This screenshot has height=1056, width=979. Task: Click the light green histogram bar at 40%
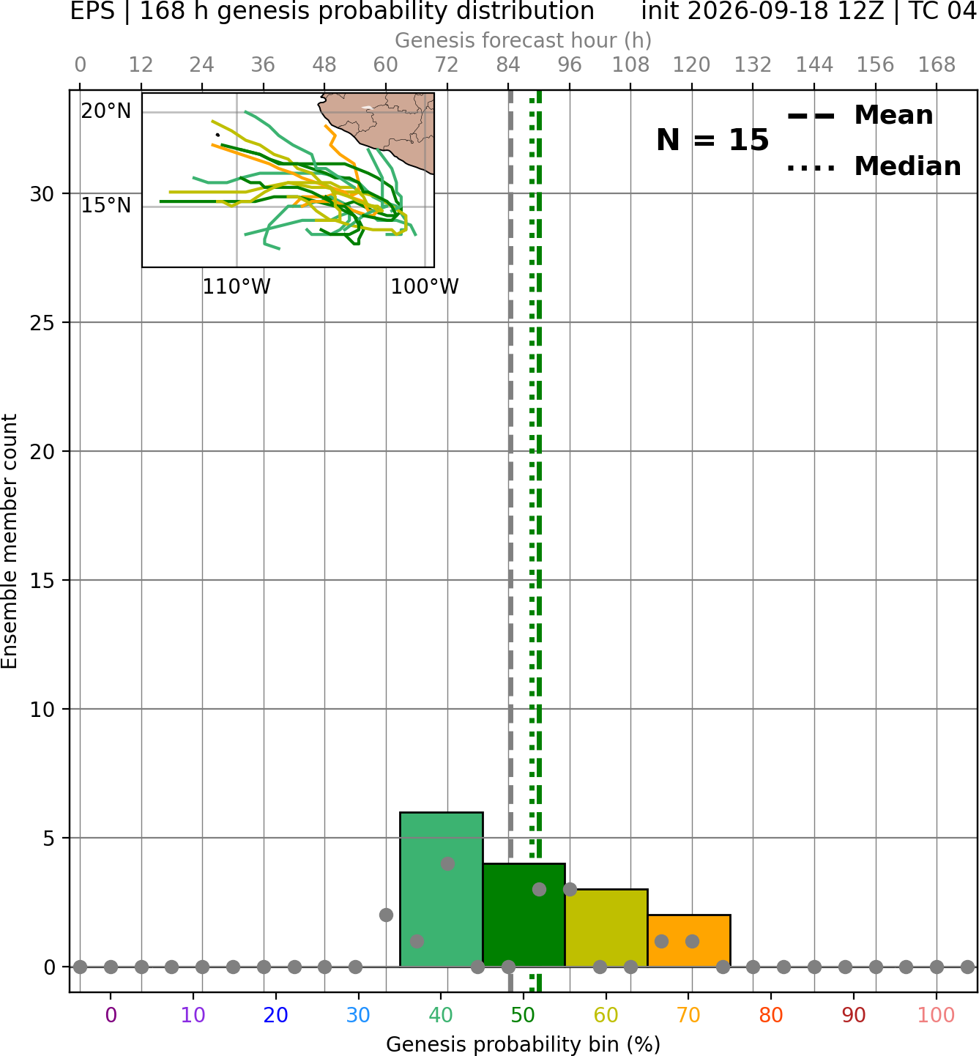coord(442,890)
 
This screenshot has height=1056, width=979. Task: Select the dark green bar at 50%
coord(524,915)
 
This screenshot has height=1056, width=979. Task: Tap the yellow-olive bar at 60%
coord(606,928)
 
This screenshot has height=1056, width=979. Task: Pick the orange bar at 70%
coord(689,940)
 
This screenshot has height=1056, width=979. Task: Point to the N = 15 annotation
coord(712,140)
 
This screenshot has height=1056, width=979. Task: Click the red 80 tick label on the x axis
coord(771,1015)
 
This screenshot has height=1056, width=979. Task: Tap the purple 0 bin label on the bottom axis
coord(111,1015)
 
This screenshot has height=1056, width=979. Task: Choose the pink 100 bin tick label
coord(937,1015)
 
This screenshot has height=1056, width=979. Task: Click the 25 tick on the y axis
coord(42,323)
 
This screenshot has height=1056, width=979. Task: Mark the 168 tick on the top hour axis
coord(937,65)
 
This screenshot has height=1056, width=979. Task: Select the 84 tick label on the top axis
coord(508,65)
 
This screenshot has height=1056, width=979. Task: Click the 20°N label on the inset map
coord(106,111)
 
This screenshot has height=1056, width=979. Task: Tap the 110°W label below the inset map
coord(237,286)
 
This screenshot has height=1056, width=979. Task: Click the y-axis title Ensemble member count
coord(9,541)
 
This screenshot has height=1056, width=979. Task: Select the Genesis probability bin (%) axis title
coord(524,1044)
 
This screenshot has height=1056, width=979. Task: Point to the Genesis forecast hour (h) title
coord(524,40)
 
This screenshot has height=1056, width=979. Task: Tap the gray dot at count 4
coord(447,863)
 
